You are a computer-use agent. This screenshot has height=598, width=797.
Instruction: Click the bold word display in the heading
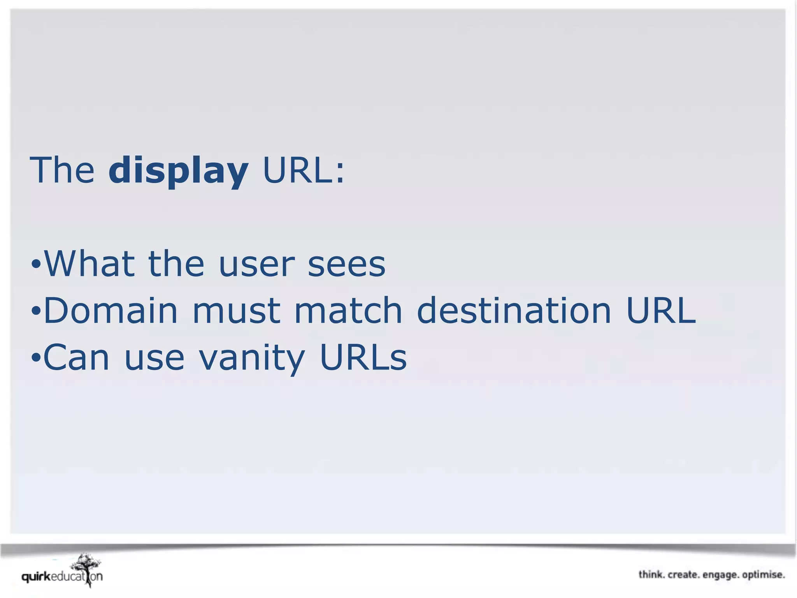click(178, 171)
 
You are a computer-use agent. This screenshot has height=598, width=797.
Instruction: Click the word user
click(257, 265)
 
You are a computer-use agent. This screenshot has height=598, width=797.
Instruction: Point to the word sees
click(346, 265)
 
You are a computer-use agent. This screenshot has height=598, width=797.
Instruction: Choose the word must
click(236, 311)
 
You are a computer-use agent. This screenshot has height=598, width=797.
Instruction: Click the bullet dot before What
click(36, 265)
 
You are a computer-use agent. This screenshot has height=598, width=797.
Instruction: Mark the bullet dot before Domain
click(36, 311)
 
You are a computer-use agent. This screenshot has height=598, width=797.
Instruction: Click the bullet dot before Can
click(36, 358)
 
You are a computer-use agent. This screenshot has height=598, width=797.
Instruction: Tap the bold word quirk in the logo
click(36, 577)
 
